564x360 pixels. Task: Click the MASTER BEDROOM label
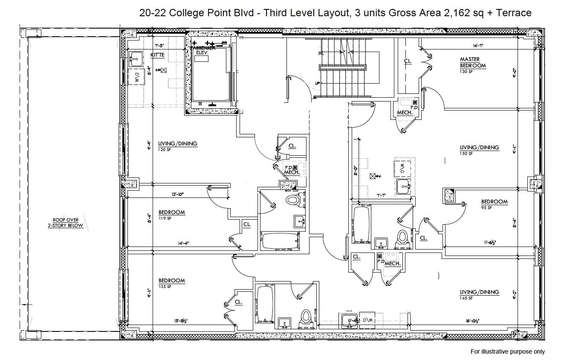click(473, 62)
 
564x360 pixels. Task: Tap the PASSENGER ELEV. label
click(203, 50)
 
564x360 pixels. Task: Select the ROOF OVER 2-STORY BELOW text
click(65, 223)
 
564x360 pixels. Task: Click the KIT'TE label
click(157, 55)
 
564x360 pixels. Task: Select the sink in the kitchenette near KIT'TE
click(136, 58)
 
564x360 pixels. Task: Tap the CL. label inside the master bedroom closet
click(408, 61)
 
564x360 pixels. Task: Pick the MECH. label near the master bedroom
click(404, 113)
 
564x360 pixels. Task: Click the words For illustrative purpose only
click(507, 351)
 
